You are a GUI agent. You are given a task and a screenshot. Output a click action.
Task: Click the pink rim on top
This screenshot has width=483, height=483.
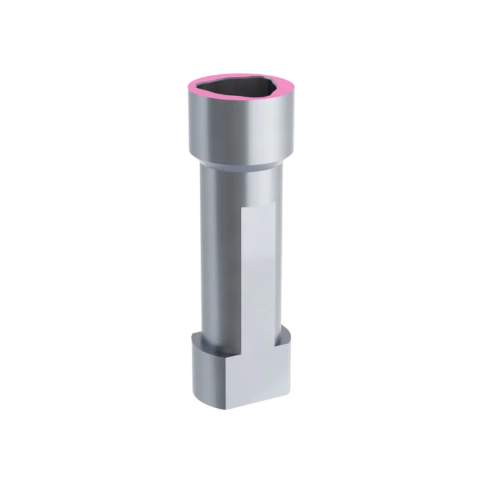point(241,77)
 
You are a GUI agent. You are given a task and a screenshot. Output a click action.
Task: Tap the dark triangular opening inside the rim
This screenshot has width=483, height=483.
point(241,90)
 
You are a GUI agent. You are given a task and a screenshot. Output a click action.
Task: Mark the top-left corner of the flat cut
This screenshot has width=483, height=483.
point(241,208)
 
